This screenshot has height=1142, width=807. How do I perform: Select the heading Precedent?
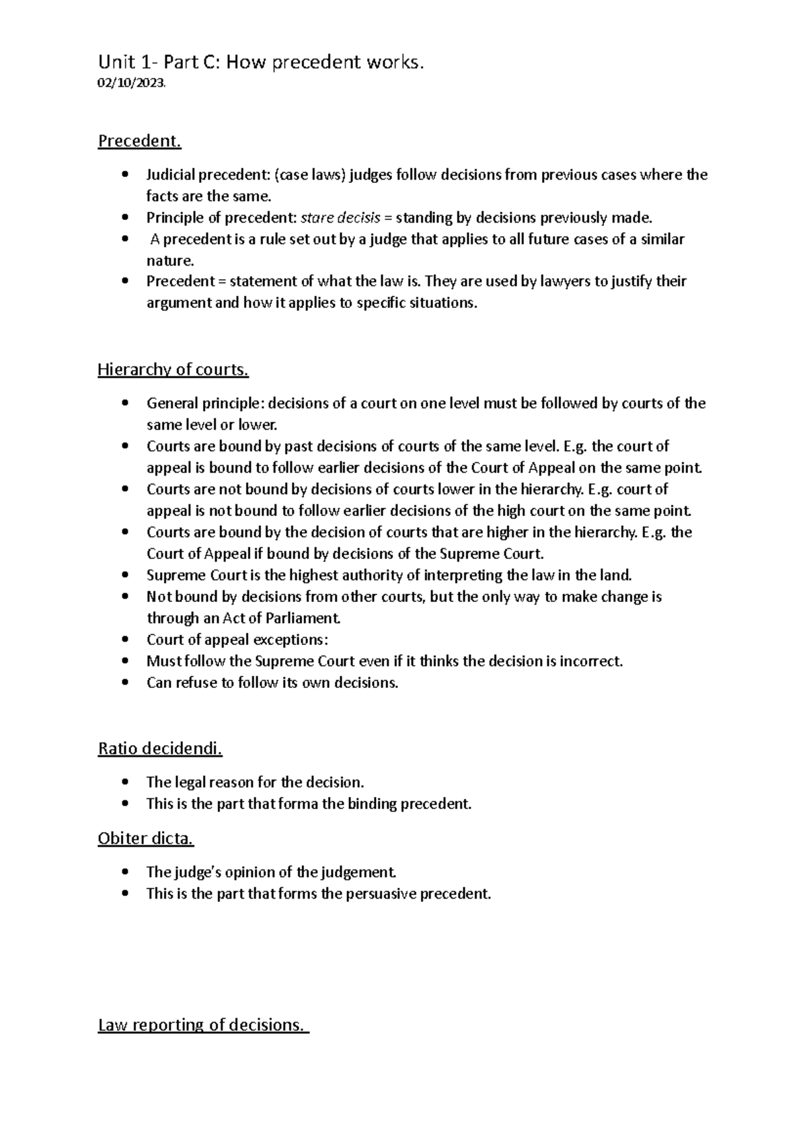point(140,141)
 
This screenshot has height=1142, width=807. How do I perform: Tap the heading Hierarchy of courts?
point(173,369)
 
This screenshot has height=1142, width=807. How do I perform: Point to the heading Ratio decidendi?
point(160,749)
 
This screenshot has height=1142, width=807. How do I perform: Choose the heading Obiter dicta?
point(146,839)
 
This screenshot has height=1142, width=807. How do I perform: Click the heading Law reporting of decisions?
point(202,1025)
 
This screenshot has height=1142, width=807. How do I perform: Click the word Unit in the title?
point(116,63)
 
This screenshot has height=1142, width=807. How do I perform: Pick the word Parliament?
point(307,618)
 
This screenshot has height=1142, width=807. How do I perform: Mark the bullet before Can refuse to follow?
point(124,683)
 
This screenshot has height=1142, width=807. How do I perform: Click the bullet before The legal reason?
point(124,782)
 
